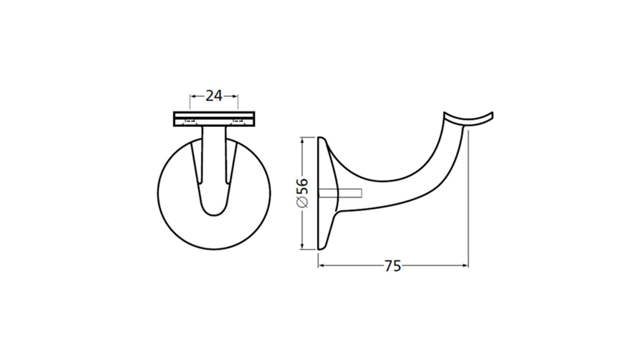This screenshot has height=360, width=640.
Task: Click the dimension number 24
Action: (x=214, y=96)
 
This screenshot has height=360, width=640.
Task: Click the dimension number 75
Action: (x=392, y=266)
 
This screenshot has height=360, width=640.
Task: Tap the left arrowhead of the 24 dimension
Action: (x=193, y=96)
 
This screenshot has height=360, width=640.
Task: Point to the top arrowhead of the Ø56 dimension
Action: (x=302, y=140)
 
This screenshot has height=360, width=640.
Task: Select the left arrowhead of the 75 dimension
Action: (x=321, y=265)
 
